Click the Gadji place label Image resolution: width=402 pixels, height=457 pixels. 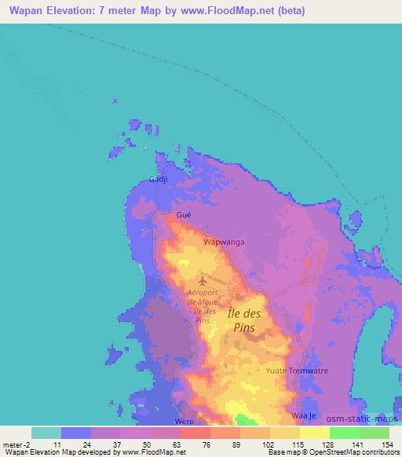click(x=159, y=180)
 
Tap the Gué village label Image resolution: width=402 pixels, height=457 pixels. click(x=184, y=214)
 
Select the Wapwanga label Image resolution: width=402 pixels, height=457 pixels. click(x=224, y=242)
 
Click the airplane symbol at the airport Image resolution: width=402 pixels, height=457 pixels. click(x=203, y=280)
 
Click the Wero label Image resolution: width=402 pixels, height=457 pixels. click(x=185, y=421)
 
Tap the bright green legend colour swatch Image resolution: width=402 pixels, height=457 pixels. click(x=344, y=433)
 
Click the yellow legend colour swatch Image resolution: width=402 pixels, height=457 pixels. click(x=284, y=433)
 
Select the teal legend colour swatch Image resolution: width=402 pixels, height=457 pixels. click(x=46, y=433)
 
